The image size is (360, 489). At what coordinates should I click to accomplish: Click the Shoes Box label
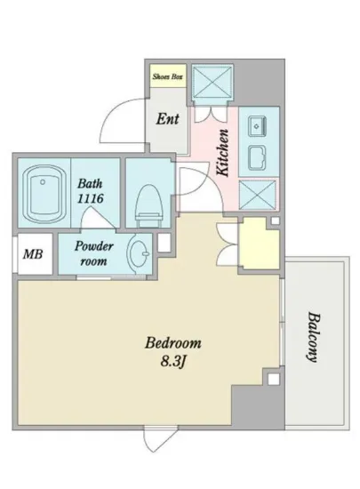tap(167, 76)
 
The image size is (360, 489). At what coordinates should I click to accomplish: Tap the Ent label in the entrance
tap(167, 119)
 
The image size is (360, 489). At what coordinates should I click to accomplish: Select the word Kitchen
tap(223, 153)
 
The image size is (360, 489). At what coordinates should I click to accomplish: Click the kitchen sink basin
tap(257, 125)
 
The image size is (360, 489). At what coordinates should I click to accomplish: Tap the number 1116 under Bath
tap(90, 198)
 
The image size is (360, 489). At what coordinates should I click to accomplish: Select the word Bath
tap(90, 183)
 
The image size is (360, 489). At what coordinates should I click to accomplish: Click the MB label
tap(33, 254)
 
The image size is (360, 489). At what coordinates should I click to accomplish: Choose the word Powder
tap(94, 246)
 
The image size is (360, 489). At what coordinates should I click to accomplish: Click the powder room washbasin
tap(139, 253)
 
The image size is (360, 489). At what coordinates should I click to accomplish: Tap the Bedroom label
tap(173, 343)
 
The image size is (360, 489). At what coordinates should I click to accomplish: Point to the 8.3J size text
tap(173, 362)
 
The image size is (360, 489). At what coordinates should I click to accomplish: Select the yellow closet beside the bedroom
tap(259, 243)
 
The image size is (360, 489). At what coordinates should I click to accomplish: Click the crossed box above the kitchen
tap(212, 83)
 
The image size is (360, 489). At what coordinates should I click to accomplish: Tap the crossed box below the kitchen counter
tap(257, 195)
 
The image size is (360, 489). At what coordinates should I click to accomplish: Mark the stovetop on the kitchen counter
tap(257, 157)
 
